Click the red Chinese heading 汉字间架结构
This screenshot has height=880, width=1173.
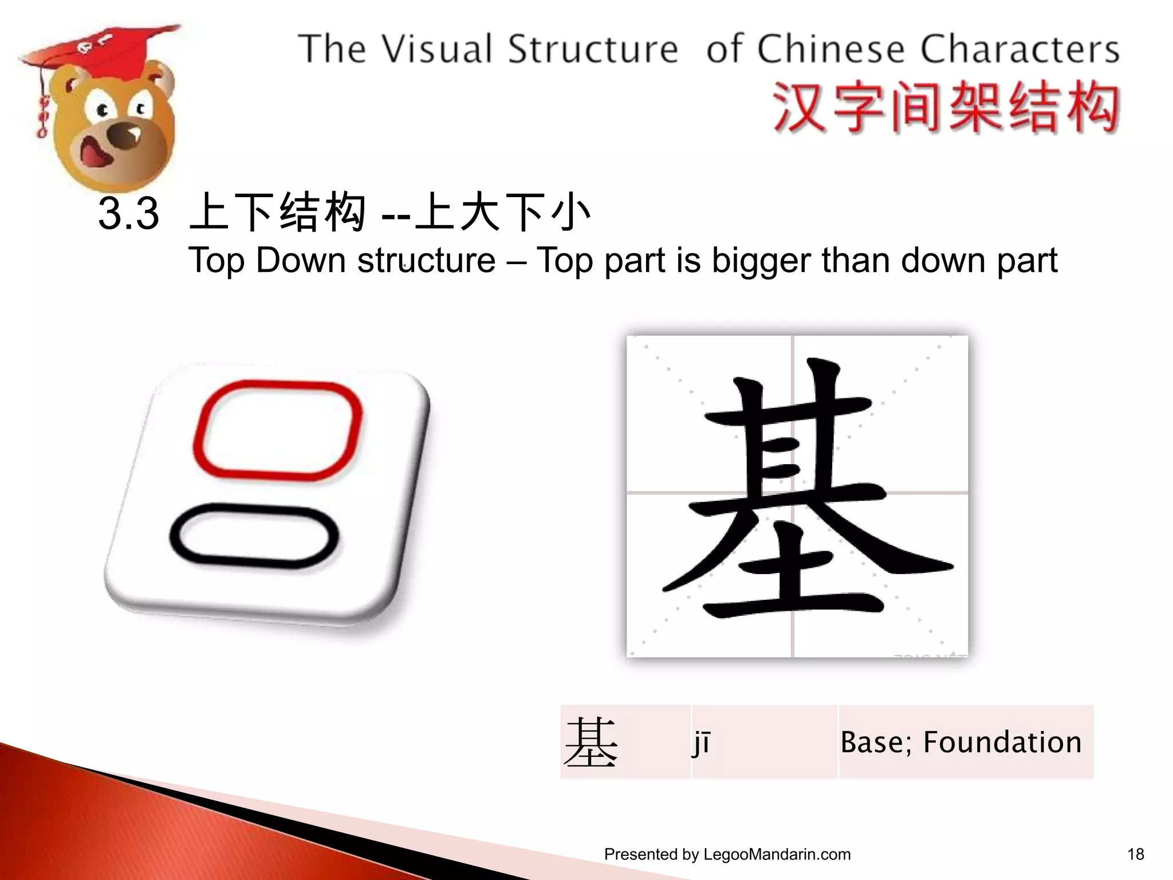pyautogui.click(x=946, y=108)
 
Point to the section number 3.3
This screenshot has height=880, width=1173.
pyautogui.click(x=128, y=214)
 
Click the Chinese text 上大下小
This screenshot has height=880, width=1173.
pyautogui.click(x=502, y=213)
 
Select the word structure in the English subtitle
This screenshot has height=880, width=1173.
pyautogui.click(x=426, y=261)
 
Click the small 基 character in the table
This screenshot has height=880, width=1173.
pyautogui.click(x=591, y=742)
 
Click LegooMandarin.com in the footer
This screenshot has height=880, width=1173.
pyautogui.click(x=777, y=854)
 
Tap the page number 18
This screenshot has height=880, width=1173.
pyautogui.click(x=1135, y=854)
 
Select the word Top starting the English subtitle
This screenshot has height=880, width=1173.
pyautogui.click(x=218, y=261)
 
